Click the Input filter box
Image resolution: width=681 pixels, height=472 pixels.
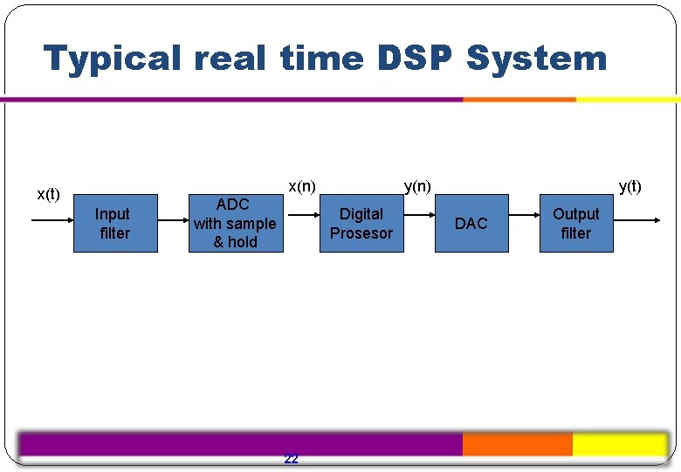click(x=114, y=224)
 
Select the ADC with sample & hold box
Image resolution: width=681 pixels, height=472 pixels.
click(x=236, y=224)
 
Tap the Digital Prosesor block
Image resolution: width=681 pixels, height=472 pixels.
click(x=361, y=224)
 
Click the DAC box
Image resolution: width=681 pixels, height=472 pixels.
click(x=471, y=224)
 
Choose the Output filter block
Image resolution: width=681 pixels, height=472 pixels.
click(x=576, y=224)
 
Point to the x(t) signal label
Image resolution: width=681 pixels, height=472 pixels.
click(x=48, y=194)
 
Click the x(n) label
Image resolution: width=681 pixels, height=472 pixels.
click(x=302, y=186)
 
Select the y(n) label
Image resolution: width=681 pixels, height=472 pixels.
click(x=417, y=186)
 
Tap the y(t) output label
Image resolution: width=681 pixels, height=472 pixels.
click(x=629, y=186)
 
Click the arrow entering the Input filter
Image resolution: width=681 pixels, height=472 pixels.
click(x=52, y=221)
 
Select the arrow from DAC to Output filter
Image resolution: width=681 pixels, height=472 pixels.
click(x=524, y=215)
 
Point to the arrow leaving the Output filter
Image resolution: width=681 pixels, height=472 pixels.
click(x=637, y=221)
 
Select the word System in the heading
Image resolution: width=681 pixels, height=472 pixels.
click(x=536, y=59)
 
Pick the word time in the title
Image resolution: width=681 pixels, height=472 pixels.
click(x=323, y=59)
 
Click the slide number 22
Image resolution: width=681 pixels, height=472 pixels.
click(x=291, y=459)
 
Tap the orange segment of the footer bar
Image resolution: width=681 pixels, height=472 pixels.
click(x=517, y=444)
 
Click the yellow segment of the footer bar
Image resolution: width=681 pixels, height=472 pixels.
click(x=620, y=444)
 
